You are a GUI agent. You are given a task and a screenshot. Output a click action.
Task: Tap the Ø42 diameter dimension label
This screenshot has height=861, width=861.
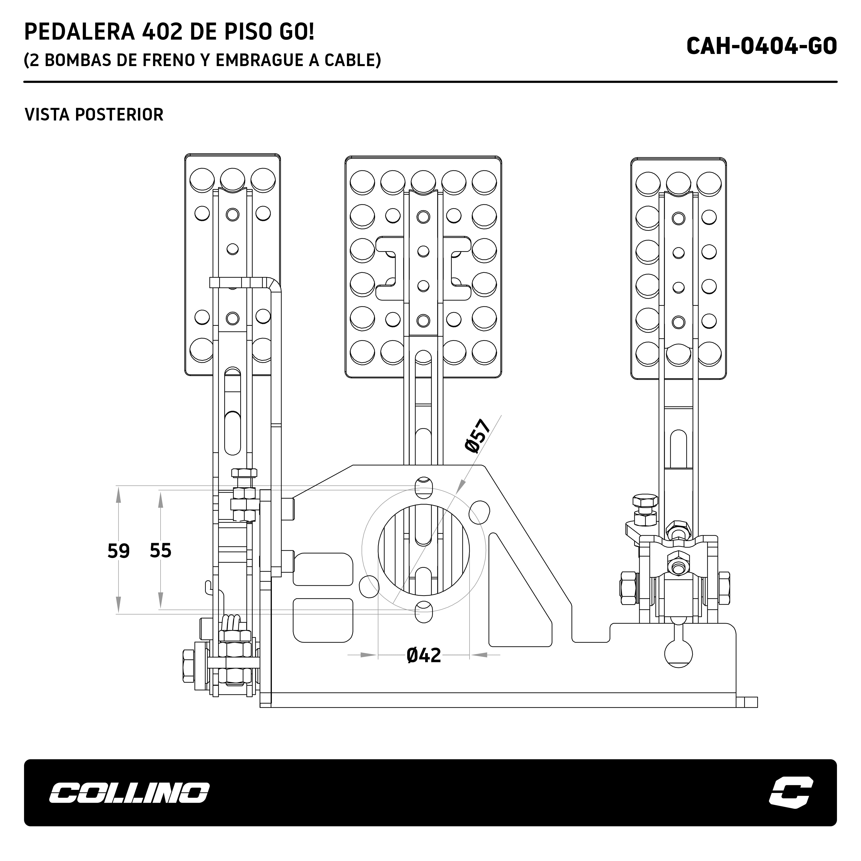[423, 655]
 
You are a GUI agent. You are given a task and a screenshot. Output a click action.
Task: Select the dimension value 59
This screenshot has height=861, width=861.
[119, 551]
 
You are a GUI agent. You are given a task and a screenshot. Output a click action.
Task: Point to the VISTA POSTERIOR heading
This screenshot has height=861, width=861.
[94, 114]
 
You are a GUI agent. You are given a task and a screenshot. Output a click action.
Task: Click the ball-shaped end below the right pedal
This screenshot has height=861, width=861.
[678, 653]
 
